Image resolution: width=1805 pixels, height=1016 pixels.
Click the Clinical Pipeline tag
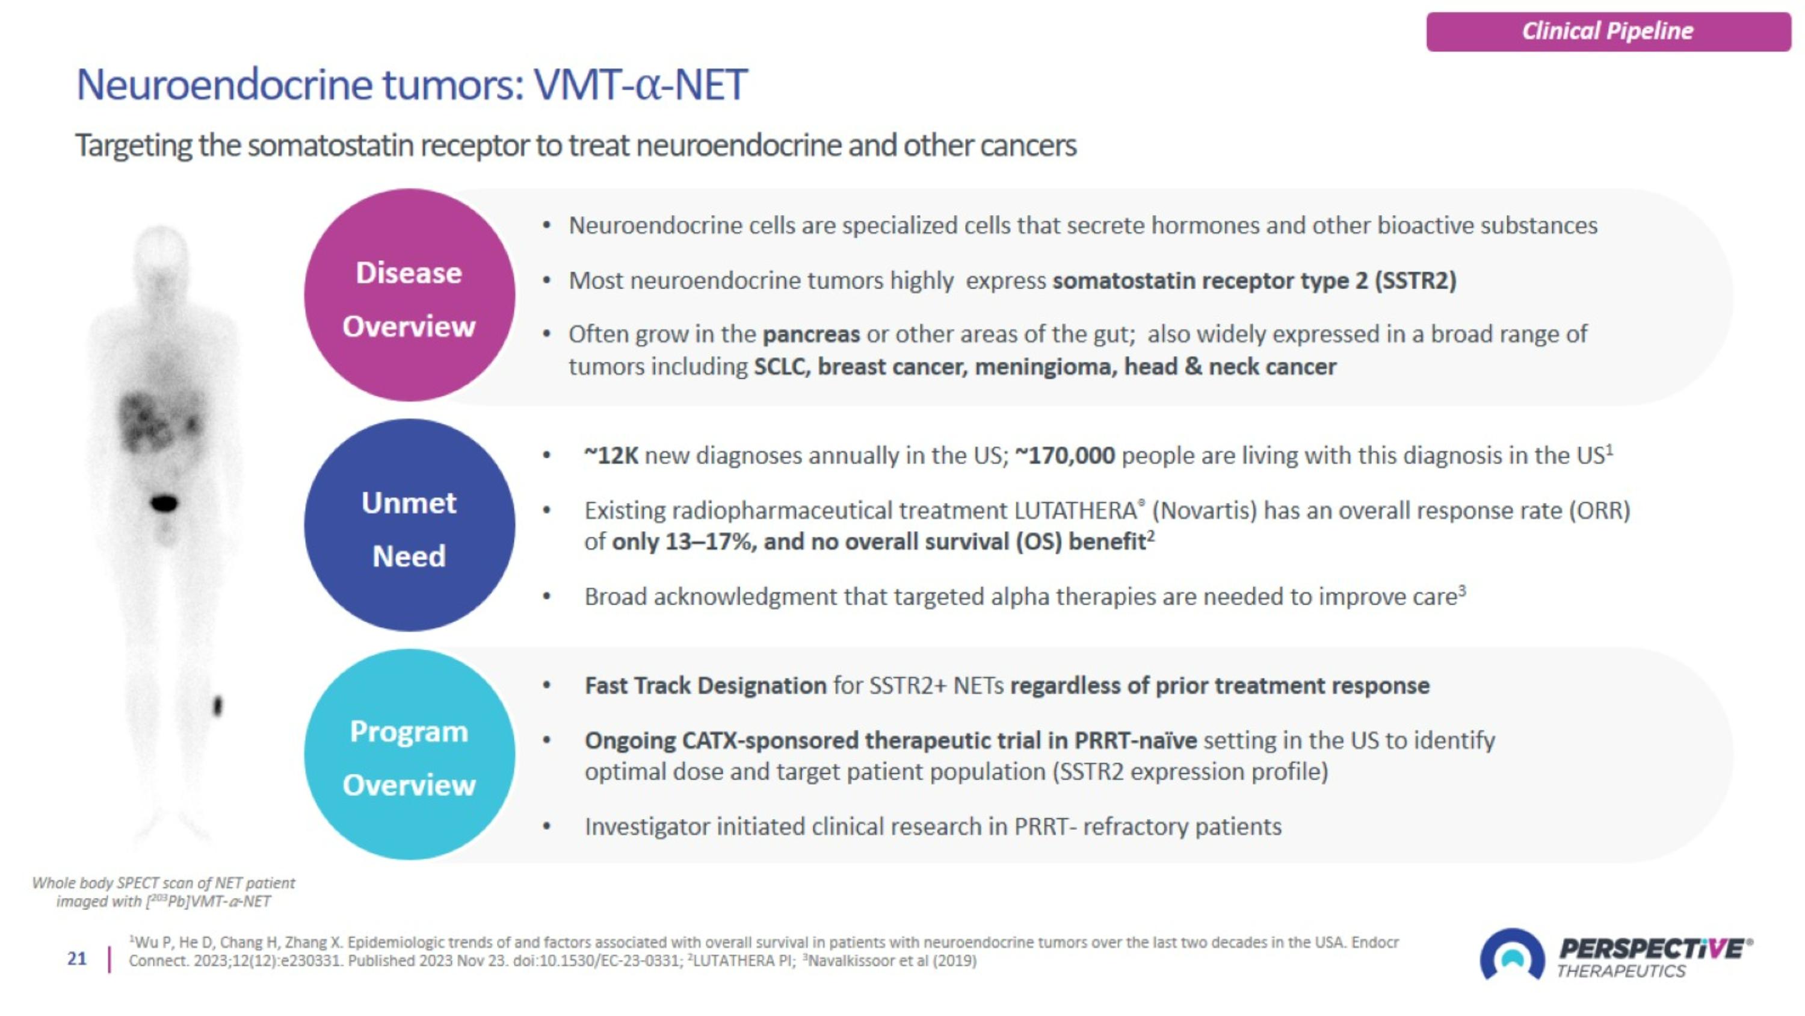pos(1608,31)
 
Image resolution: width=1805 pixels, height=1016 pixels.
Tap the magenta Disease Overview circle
pos(409,295)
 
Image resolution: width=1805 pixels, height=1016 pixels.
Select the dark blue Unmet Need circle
pos(409,525)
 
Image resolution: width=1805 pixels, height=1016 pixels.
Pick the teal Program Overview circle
pos(409,755)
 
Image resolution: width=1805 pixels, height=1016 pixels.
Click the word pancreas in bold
pos(810,334)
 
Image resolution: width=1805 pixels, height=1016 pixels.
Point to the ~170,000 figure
pos(1065,456)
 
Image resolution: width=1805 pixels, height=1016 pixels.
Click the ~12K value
pos(611,456)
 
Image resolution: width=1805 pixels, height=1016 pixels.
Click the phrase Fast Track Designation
pos(706,686)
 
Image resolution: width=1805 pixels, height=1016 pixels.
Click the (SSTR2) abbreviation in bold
pos(1415,281)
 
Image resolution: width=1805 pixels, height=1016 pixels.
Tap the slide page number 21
pos(77,959)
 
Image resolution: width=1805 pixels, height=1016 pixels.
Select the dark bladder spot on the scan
pos(165,503)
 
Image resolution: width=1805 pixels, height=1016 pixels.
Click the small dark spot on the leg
pos(217,705)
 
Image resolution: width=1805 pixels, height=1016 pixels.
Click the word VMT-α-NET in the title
pos(640,86)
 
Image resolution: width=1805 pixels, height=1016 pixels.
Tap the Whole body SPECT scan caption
pos(163,892)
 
